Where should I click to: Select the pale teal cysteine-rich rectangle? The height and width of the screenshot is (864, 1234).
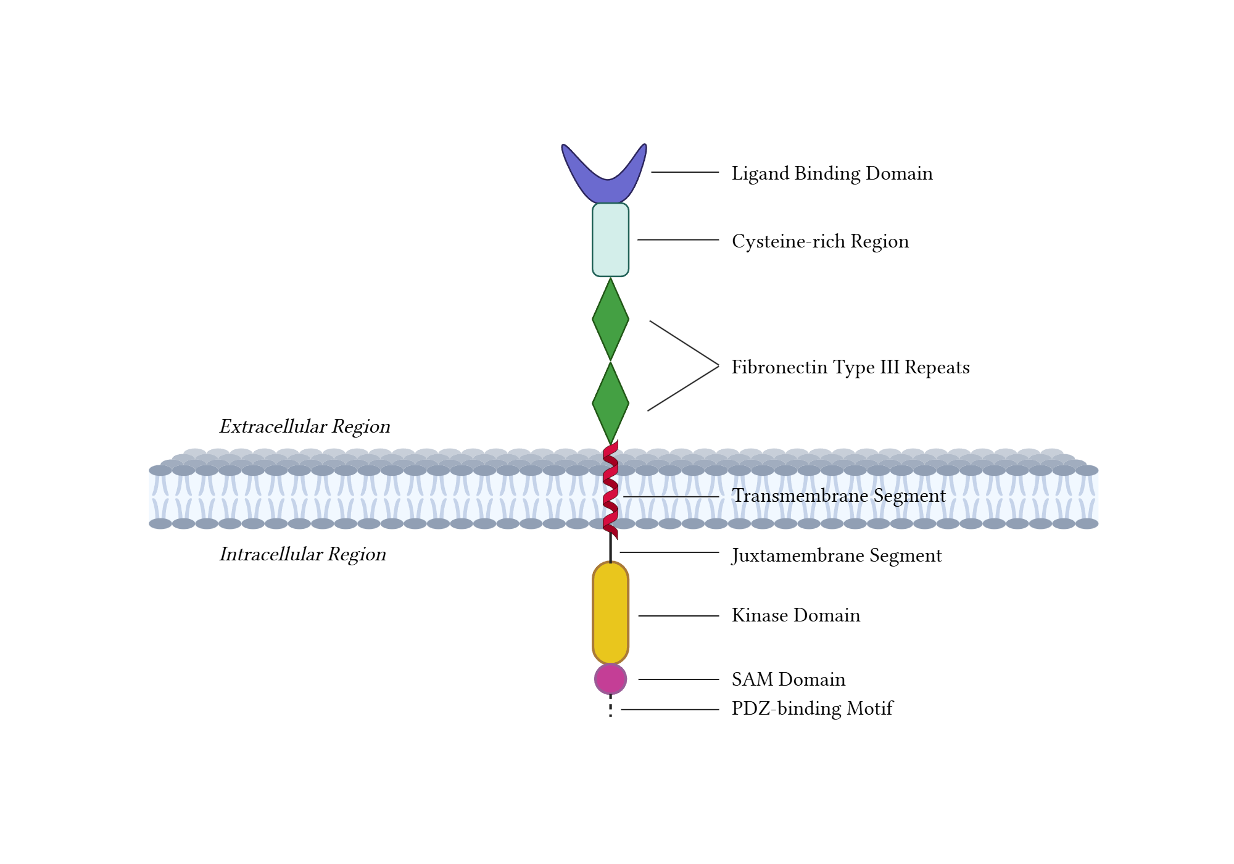[x=610, y=239]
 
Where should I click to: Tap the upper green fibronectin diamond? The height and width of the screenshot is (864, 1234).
[x=610, y=319]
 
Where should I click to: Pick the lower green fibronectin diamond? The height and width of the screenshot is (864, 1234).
[x=610, y=403]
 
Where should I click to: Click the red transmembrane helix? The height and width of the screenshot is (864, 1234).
[x=610, y=491]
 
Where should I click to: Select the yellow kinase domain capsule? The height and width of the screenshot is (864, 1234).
[x=610, y=612]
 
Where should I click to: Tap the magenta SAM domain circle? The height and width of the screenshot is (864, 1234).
[x=610, y=679]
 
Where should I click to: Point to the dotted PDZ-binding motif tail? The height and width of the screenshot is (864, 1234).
[x=610, y=708]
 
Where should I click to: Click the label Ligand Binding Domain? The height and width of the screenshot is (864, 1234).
[x=832, y=173]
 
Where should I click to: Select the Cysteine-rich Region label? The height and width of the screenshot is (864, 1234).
[x=820, y=241]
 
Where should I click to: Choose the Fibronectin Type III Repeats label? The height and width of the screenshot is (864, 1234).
[x=850, y=367]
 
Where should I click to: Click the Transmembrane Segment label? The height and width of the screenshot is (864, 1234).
[x=839, y=496]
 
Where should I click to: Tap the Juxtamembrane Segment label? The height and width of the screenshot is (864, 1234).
[x=837, y=555]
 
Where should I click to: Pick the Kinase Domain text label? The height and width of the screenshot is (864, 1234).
[x=795, y=615]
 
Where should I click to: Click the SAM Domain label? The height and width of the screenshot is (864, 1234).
[x=788, y=679]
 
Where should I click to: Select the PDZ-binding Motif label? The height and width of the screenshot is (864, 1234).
[x=812, y=708]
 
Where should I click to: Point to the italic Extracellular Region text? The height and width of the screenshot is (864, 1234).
[x=304, y=426]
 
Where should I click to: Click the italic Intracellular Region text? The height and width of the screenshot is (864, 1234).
[x=302, y=554]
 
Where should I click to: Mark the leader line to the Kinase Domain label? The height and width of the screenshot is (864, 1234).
[x=678, y=616]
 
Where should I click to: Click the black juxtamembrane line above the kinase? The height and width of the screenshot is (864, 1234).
[x=610, y=549]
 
